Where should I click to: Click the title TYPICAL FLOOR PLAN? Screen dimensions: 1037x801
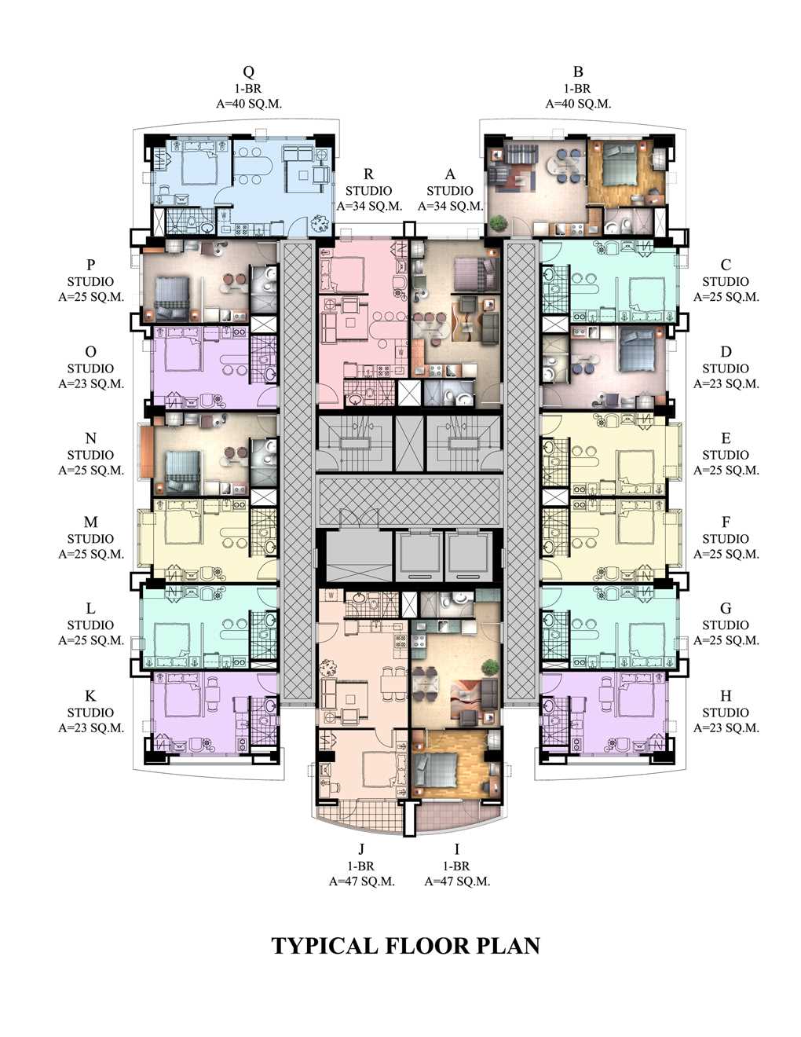click(x=405, y=945)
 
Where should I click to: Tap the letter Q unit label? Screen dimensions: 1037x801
click(x=248, y=71)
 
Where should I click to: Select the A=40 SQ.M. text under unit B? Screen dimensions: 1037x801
click(x=578, y=104)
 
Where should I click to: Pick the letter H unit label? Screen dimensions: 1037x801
click(x=726, y=696)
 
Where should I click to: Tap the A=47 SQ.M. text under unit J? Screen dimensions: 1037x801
click(x=361, y=881)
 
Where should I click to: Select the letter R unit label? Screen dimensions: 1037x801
click(x=368, y=174)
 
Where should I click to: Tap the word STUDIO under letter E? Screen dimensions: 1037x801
click(x=726, y=455)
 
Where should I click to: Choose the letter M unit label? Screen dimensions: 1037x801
click(x=90, y=522)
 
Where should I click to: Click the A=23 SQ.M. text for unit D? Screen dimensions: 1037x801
click(x=726, y=384)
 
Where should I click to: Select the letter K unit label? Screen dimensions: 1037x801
click(x=90, y=696)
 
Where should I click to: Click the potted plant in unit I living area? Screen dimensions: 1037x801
click(x=490, y=668)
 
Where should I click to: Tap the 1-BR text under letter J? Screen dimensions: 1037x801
click(x=361, y=866)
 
